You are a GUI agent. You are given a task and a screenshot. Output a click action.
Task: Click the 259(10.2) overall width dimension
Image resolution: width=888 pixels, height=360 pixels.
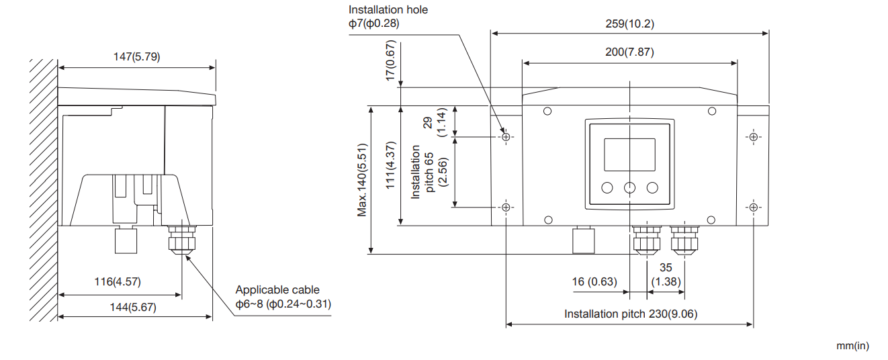tap(629, 24)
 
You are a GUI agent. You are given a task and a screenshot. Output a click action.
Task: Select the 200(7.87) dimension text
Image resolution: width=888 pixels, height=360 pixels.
tap(629, 52)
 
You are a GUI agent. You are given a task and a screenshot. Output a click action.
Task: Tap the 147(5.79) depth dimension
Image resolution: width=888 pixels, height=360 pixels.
tap(136, 57)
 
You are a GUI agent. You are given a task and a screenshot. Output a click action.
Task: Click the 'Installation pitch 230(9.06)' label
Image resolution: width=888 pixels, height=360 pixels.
tap(630, 314)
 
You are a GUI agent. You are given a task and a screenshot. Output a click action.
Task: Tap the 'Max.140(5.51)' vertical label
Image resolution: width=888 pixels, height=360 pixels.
tap(362, 179)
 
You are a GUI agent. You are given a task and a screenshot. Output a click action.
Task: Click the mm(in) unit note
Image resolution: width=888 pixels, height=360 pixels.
tap(852, 346)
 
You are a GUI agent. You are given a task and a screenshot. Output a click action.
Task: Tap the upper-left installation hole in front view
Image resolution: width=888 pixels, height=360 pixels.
tap(507, 137)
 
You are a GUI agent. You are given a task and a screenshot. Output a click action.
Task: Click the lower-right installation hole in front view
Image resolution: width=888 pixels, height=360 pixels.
tap(753, 207)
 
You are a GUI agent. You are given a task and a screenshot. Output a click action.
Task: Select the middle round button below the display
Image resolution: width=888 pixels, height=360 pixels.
tap(629, 187)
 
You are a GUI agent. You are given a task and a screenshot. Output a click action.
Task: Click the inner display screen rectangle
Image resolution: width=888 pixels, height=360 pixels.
tap(629, 154)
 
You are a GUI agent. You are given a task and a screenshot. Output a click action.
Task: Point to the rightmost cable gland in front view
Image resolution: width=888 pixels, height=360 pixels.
tap(684, 240)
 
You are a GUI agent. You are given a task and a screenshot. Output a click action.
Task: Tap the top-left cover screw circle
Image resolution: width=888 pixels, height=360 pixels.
tap(547, 111)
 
